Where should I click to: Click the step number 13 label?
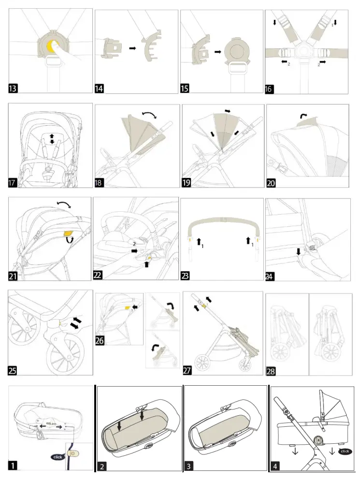tap(13, 88)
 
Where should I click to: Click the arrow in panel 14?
tap(131, 49)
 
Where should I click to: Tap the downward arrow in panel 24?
tap(298, 251)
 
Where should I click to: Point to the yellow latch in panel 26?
tap(127, 307)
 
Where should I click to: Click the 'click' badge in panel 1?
tap(58, 456)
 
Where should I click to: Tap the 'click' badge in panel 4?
tap(345, 451)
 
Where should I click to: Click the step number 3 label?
tap(189, 466)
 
